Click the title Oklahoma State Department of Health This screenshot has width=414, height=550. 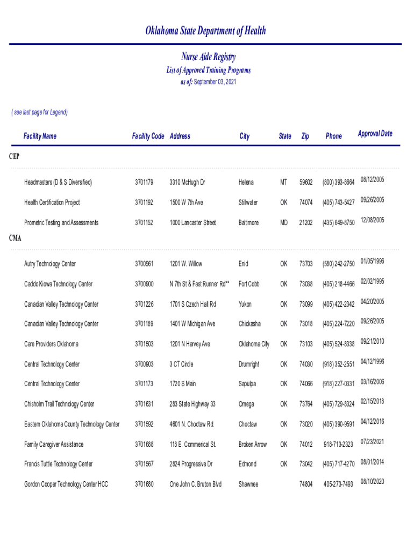[x=206, y=31]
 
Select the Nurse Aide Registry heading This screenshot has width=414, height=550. [x=208, y=57]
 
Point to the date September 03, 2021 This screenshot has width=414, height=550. [x=215, y=82]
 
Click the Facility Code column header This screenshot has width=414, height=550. [x=148, y=136]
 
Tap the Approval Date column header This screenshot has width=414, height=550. [x=375, y=134]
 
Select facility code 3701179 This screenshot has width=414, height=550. [x=144, y=183]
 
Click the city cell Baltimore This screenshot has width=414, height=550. [x=248, y=223]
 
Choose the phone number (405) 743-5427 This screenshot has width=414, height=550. [x=338, y=202]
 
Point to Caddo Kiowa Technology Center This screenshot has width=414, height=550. [x=58, y=284]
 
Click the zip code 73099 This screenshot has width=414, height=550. [x=306, y=305]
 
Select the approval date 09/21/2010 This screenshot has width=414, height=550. [x=372, y=341]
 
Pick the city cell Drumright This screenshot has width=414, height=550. [x=249, y=364]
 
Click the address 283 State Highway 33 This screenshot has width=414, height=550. [x=192, y=404]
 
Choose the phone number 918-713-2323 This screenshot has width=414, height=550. [x=338, y=445]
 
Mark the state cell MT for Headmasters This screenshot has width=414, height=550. [x=283, y=183]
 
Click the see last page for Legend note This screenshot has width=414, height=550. [x=40, y=112]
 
